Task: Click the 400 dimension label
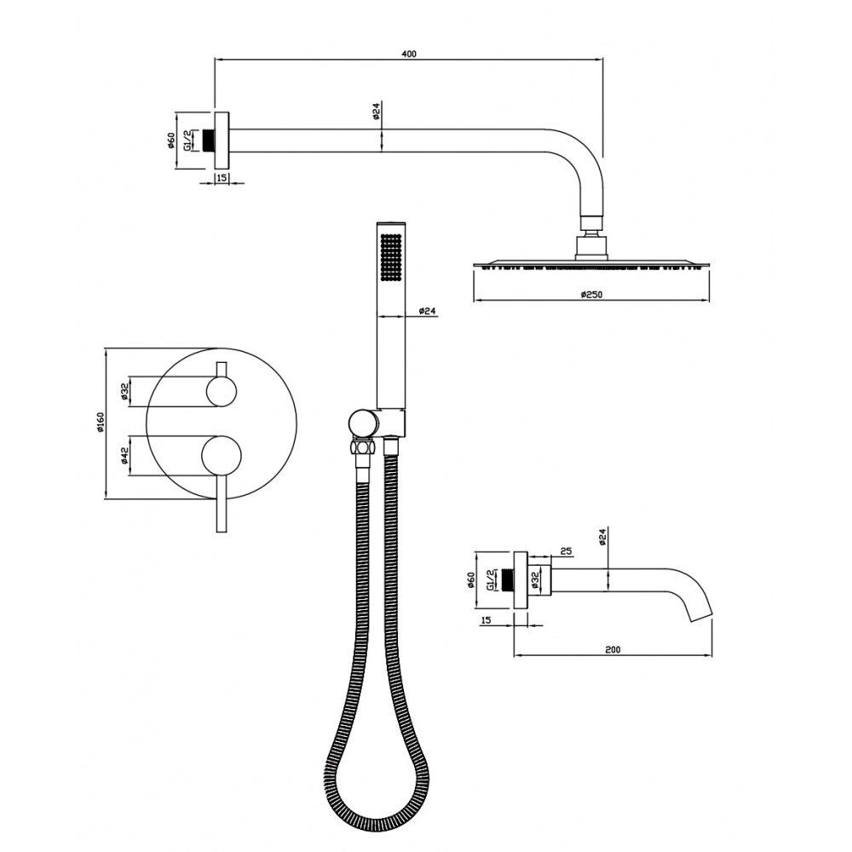click(x=409, y=54)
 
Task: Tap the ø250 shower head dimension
click(x=592, y=295)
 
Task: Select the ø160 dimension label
click(x=101, y=423)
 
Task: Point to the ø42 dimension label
click(x=124, y=455)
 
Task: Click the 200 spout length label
click(x=613, y=649)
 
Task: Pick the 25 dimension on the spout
click(x=566, y=551)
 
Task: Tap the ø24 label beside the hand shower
click(x=428, y=311)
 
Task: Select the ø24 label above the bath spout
click(x=602, y=535)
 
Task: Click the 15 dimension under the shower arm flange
click(x=222, y=178)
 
